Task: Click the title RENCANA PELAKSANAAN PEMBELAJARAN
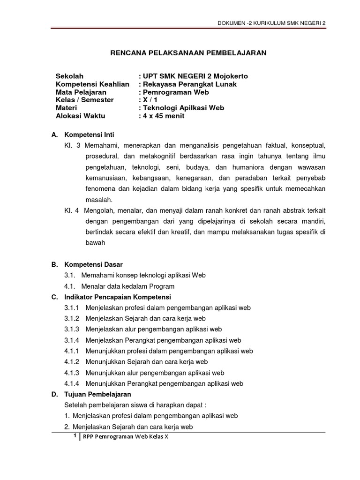point(188,53)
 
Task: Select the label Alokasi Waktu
point(81,116)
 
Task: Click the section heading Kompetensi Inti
point(89,135)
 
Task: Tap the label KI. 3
point(73,146)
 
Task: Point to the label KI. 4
point(73,210)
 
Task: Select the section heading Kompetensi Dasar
point(93,264)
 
